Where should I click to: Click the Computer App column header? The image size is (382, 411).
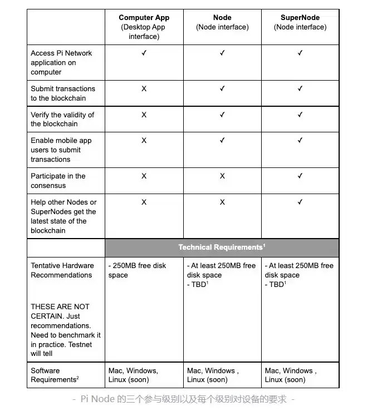point(144,18)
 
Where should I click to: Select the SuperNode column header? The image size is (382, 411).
point(300,18)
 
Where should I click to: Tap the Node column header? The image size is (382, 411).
point(222,18)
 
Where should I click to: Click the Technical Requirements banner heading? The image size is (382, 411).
point(222,247)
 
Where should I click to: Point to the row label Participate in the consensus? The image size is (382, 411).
point(58,181)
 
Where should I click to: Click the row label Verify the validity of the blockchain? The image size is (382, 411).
point(62,119)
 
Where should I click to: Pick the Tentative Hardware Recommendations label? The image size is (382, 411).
point(62,270)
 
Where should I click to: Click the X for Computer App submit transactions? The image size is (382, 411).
point(144,88)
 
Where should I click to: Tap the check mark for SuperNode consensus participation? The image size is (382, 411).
point(300,176)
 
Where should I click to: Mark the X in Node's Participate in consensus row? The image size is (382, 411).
point(222,176)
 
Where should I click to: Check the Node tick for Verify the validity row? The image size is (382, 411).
point(222,115)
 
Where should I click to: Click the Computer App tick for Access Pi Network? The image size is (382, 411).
point(144,53)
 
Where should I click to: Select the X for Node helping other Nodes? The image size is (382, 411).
point(222,202)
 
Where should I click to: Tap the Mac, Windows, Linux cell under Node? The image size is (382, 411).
point(213,375)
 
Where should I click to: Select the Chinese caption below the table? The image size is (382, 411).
point(183,399)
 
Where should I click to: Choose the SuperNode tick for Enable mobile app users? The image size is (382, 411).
point(300,140)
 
